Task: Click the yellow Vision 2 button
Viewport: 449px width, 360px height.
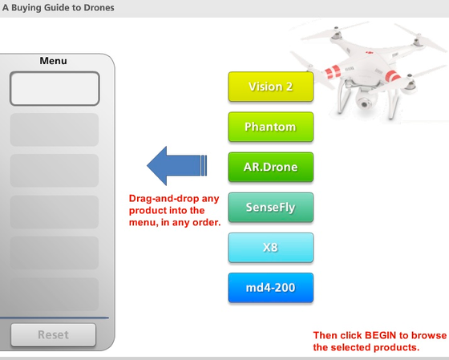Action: [270, 87]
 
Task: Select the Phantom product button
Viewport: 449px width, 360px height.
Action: [270, 127]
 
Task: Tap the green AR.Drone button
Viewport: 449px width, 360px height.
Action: [270, 168]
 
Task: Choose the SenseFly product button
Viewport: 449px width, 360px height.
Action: [270, 208]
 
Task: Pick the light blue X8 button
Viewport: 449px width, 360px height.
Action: [270, 248]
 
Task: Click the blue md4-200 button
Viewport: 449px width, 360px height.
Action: [270, 288]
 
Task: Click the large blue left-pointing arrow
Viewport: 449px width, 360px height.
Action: [176, 166]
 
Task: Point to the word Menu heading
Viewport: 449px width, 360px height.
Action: [53, 61]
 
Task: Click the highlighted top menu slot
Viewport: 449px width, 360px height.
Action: [55, 88]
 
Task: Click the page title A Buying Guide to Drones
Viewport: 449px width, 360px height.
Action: [58, 8]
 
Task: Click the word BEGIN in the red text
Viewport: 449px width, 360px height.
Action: [383, 335]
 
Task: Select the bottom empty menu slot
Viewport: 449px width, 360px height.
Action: [55, 294]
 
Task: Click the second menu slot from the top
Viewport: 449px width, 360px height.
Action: [55, 129]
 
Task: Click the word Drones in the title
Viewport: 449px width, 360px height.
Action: [97, 8]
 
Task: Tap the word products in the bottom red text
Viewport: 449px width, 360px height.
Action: [394, 347]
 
